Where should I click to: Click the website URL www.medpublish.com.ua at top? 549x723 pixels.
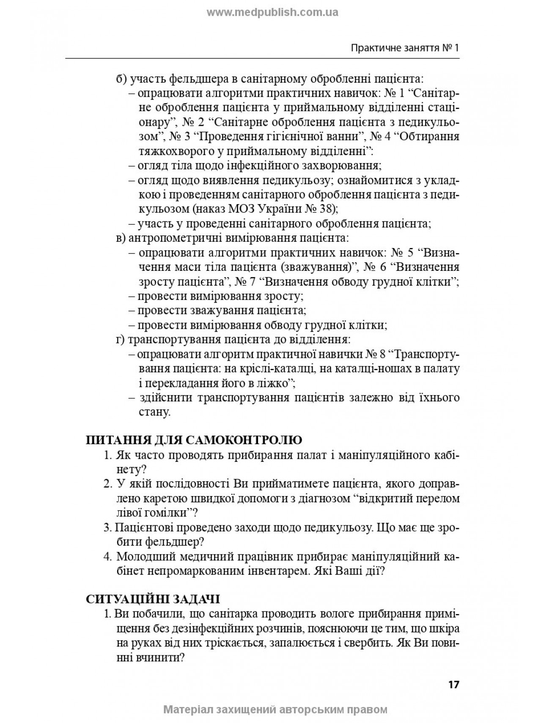click(x=272, y=13)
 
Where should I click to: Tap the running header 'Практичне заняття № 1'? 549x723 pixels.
click(x=405, y=48)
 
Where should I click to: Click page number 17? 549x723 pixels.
click(x=453, y=684)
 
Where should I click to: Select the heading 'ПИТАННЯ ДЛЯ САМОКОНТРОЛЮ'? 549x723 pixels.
click(x=194, y=439)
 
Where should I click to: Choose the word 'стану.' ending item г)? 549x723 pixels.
click(x=154, y=412)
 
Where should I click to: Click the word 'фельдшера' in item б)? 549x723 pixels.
click(x=195, y=78)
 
